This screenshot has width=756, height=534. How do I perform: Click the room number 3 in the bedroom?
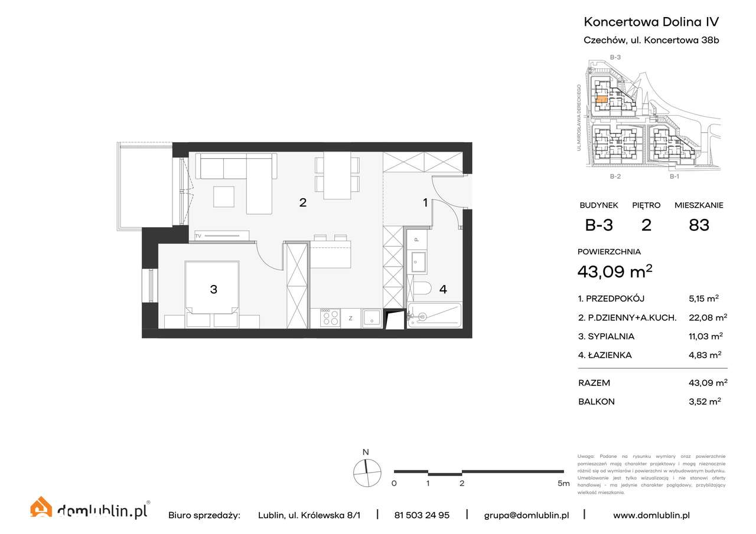point(214,289)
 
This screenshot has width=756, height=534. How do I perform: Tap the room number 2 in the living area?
point(302,202)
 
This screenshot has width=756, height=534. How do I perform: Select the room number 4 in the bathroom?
point(442,289)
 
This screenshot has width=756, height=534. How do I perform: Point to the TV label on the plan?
point(198,236)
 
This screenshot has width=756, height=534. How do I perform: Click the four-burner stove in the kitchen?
point(330,317)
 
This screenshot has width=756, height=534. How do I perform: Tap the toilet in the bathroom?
point(422,289)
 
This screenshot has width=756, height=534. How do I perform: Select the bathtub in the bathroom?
point(434,316)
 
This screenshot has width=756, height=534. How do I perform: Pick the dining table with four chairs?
point(337,175)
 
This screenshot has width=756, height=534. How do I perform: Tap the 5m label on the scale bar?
point(563,484)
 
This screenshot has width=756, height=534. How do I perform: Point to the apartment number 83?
point(699,225)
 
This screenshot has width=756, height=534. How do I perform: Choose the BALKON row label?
point(597,401)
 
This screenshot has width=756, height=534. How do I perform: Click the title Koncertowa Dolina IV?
point(651,22)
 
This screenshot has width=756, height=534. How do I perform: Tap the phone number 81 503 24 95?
point(422,515)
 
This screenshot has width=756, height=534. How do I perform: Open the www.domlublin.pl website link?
point(651,515)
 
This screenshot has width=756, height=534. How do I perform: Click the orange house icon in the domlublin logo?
point(41,508)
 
